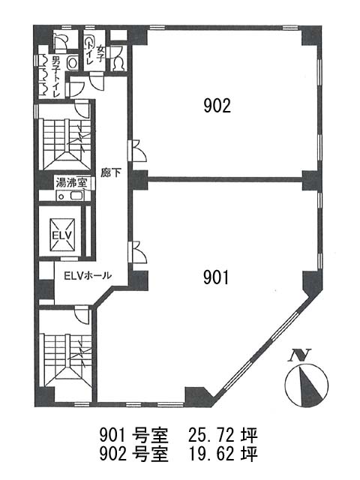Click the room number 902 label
217,106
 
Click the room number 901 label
216,277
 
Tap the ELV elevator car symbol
62,235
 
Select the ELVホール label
88,275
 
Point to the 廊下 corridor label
111,173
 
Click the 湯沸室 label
71,183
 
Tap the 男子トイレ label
55,76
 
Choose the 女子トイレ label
95,55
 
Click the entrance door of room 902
137,150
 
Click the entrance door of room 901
137,252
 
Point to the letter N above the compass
300,355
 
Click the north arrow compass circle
307,385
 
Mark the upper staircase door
82,109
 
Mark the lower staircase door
82,316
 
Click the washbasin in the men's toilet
73,63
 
